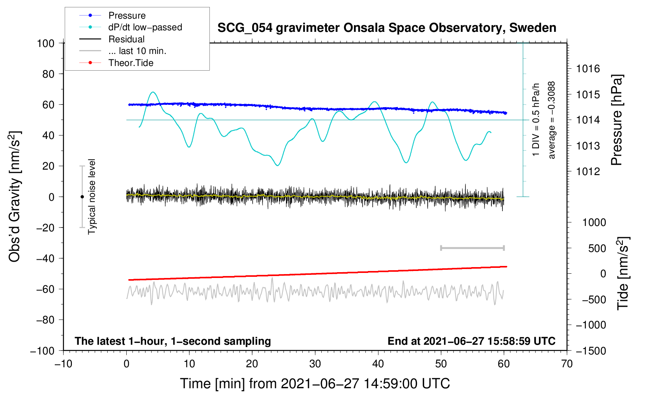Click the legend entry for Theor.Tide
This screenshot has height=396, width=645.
click(x=131, y=63)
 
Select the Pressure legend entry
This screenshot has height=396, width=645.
click(x=127, y=16)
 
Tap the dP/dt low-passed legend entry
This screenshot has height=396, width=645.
click(x=145, y=27)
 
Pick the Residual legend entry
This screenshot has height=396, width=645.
click(x=126, y=39)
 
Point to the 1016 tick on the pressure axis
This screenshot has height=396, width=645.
click(x=588, y=69)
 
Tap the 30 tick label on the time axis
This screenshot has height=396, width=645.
click(x=315, y=364)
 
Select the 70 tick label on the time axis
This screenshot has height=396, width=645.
click(x=567, y=364)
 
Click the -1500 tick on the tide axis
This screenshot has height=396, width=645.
click(x=591, y=351)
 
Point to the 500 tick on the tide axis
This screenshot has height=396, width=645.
click(x=597, y=248)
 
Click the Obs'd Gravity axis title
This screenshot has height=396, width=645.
click(x=15, y=196)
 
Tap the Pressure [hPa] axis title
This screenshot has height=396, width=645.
click(x=617, y=120)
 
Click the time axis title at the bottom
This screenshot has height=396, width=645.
click(x=315, y=384)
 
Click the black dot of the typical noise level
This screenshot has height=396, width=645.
click(x=82, y=197)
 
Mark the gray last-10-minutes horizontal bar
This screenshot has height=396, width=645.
click(x=472, y=248)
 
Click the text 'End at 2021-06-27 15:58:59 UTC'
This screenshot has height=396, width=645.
click(x=471, y=341)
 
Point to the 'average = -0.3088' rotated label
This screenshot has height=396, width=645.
click(x=552, y=120)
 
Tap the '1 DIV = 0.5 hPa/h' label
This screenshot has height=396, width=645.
click(x=536, y=120)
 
